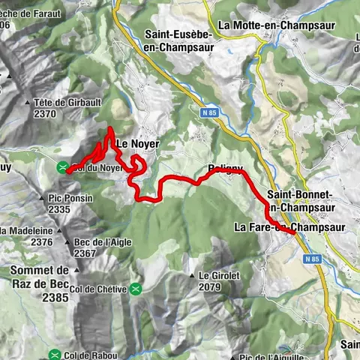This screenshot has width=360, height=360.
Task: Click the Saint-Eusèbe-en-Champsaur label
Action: coord(178,40)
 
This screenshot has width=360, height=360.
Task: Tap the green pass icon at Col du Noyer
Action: coord(64,166)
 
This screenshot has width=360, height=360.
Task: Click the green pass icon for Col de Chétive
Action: coord(135,289)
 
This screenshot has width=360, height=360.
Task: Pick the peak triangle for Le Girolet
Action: coord(192,275)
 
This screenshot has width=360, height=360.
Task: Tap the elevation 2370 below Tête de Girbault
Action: coord(46,114)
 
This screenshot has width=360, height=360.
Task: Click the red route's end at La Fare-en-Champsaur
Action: coord(291,233)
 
